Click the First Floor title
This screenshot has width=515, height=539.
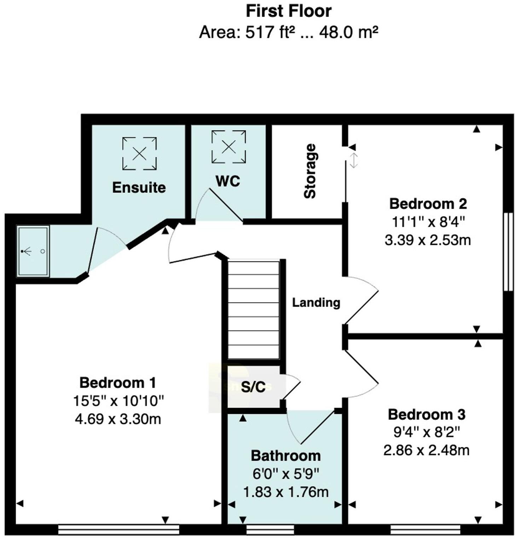(288, 11)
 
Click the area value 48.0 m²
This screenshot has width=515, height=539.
(349, 33)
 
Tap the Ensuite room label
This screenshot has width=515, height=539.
(139, 188)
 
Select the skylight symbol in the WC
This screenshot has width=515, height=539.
(228, 147)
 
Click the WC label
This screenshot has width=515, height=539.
(228, 181)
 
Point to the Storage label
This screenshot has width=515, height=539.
(310, 171)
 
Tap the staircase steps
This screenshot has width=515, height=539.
(254, 310)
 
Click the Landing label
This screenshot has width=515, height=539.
(316, 303)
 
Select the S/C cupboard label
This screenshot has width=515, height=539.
(253, 387)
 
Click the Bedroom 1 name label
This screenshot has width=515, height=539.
(117, 383)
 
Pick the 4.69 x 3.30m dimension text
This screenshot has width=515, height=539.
(118, 419)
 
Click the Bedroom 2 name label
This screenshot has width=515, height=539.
(428, 204)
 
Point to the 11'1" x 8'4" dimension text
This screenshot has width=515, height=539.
(428, 222)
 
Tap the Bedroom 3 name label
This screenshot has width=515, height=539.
(427, 414)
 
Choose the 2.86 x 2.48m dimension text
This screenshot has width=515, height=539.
(427, 451)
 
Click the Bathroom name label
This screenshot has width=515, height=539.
(285, 456)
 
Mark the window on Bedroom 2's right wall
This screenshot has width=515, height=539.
(508, 252)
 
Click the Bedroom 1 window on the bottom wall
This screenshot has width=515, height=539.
(118, 529)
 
